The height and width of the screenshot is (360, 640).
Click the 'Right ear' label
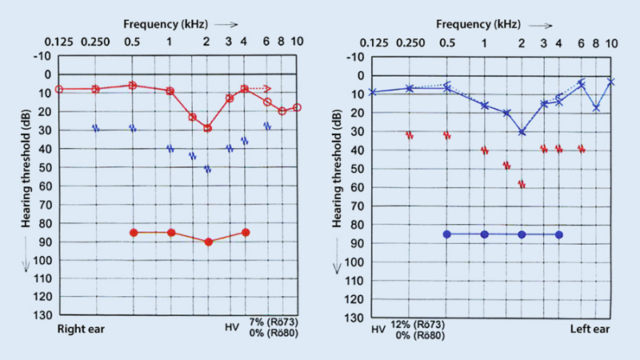80,329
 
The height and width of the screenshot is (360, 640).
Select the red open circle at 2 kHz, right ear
207,128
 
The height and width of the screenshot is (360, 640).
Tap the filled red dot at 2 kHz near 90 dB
208,241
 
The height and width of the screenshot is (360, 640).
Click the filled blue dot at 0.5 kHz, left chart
447,234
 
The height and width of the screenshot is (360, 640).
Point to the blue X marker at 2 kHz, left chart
522,131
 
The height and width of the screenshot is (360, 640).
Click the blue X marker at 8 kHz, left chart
596,107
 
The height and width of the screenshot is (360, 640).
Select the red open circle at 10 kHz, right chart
297,107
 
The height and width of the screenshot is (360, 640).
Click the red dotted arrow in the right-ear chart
260,88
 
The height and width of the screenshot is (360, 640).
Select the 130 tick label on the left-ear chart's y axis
352,318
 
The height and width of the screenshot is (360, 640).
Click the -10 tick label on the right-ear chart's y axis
40,56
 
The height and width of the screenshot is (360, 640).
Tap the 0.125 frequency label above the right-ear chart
59,41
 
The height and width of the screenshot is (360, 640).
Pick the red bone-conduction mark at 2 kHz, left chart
522,184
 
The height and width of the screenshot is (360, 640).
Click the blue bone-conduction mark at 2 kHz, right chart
208,169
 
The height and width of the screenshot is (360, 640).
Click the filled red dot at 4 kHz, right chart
246,233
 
